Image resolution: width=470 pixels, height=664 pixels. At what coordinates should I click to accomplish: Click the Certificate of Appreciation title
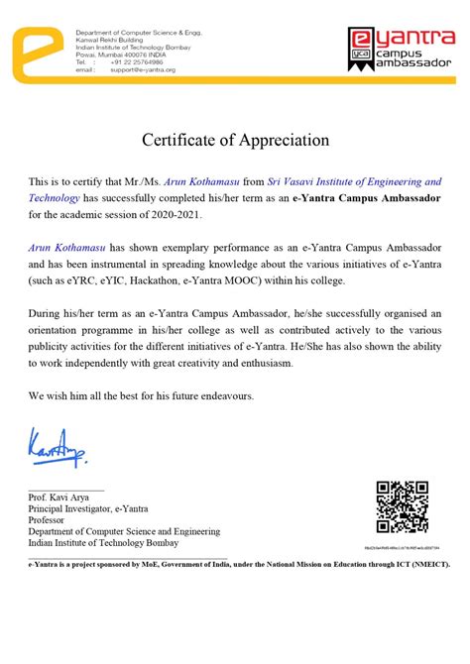tap(235, 140)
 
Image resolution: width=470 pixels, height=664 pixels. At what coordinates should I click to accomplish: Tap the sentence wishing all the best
tap(142, 395)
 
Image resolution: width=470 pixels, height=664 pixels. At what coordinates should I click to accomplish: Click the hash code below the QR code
tap(402, 547)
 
